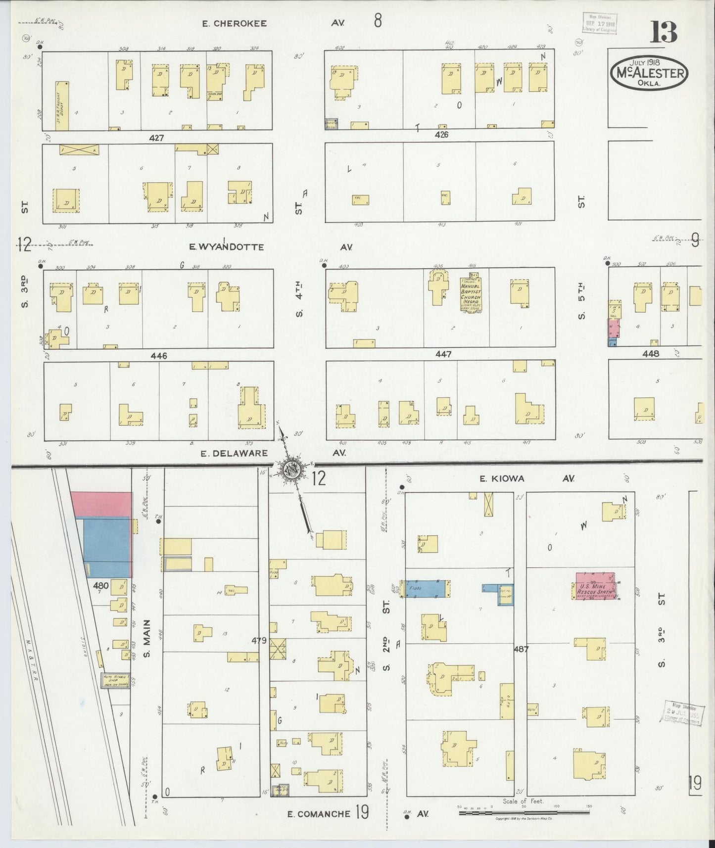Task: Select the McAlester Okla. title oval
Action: (x=650, y=74)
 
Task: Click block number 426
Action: (x=441, y=135)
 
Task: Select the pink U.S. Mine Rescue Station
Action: (x=595, y=586)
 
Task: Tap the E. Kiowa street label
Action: (x=501, y=478)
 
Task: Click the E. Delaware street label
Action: (x=234, y=453)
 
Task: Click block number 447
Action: (x=444, y=354)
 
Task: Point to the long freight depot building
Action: (x=62, y=106)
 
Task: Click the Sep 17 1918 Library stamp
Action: (x=599, y=23)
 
